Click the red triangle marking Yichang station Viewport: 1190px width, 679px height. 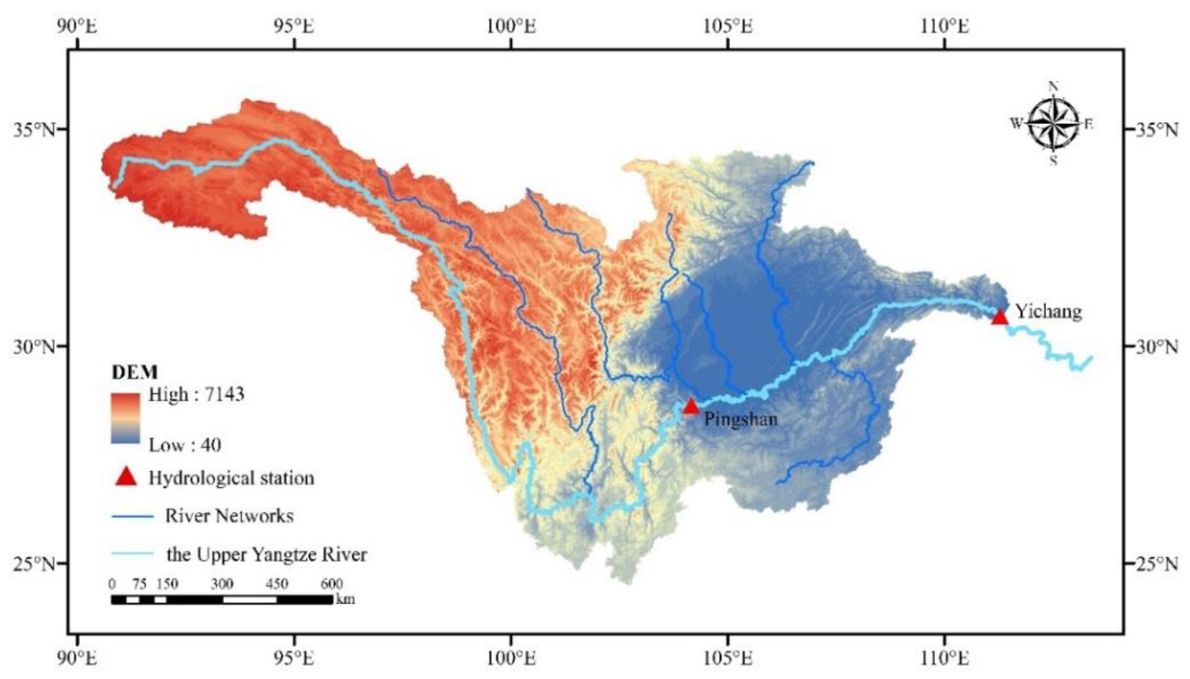tap(999, 318)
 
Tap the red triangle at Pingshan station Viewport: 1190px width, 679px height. tap(691, 407)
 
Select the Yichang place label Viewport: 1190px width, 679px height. tap(1048, 311)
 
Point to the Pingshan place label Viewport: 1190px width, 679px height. tap(740, 419)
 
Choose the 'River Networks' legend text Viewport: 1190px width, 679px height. tap(229, 516)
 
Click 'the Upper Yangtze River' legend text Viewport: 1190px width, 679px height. tap(267, 555)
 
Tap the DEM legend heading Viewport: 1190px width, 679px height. tap(134, 372)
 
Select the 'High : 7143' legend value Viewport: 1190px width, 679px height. tap(196, 395)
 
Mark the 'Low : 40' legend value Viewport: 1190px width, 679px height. tap(185, 445)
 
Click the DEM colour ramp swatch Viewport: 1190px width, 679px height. tap(125, 418)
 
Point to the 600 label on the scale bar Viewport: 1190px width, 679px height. tap(332, 583)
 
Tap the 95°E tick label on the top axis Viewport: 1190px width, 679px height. tap(294, 26)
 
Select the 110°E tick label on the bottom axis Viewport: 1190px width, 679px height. tap(944, 658)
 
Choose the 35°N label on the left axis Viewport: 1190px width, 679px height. tap(34, 129)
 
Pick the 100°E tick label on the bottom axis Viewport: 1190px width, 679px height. tap(511, 658)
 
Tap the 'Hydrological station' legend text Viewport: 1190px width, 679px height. tap(231, 478)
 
